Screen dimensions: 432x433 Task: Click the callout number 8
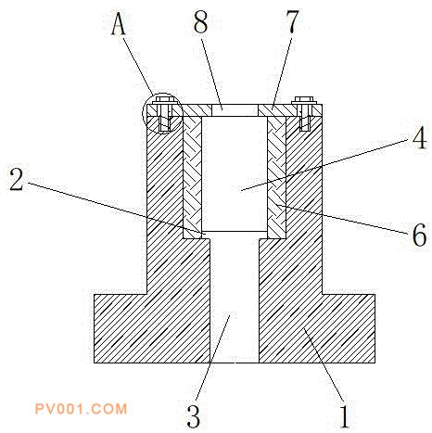[x=201, y=22]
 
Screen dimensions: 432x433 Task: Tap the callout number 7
[x=291, y=21]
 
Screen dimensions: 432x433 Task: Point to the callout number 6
[x=419, y=235]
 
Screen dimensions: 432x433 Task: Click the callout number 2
[x=17, y=179]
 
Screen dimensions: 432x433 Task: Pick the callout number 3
[x=194, y=415]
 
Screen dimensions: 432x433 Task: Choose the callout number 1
[x=344, y=416]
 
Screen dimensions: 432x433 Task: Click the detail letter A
[x=119, y=24]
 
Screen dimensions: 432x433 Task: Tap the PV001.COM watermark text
[x=81, y=409]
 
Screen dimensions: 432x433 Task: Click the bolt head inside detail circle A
[x=163, y=100]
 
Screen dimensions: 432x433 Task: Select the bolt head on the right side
[x=305, y=100]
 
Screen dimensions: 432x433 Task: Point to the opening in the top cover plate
[x=235, y=110]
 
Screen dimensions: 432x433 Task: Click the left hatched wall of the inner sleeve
[x=193, y=177]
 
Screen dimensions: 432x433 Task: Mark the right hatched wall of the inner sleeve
[x=276, y=177]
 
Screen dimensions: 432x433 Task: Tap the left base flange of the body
[x=121, y=328]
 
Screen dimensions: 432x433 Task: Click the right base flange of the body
[x=349, y=328]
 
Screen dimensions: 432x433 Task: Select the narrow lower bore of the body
[x=235, y=300]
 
